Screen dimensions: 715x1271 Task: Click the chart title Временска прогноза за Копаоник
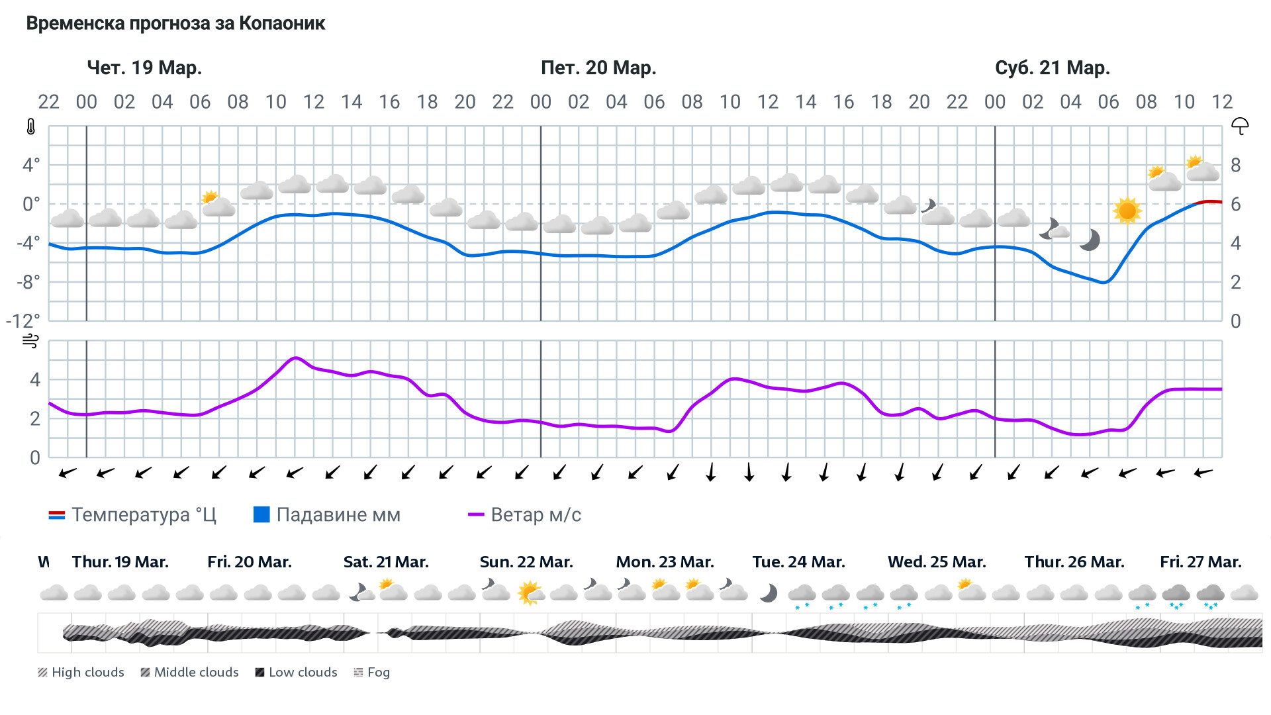175,24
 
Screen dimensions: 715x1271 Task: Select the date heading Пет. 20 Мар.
598,68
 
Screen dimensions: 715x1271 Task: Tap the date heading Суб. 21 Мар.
1052,68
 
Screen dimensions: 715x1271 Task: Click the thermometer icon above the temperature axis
30,126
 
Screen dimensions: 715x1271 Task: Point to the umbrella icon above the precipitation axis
1239,126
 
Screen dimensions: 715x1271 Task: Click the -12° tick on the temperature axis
23,321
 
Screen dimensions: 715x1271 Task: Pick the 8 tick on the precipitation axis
1235,166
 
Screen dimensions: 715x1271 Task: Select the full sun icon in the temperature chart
1127,211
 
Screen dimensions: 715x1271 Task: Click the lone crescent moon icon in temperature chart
1090,240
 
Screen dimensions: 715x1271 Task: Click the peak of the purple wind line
295,358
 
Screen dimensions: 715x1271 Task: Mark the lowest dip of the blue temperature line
1104,283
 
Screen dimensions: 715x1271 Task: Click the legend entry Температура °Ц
132,515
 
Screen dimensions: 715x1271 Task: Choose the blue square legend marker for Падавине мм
261,514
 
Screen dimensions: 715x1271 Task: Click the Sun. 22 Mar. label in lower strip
526,562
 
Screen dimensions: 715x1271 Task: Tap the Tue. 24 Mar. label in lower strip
798,562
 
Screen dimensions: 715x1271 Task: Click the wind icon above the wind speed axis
30,341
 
